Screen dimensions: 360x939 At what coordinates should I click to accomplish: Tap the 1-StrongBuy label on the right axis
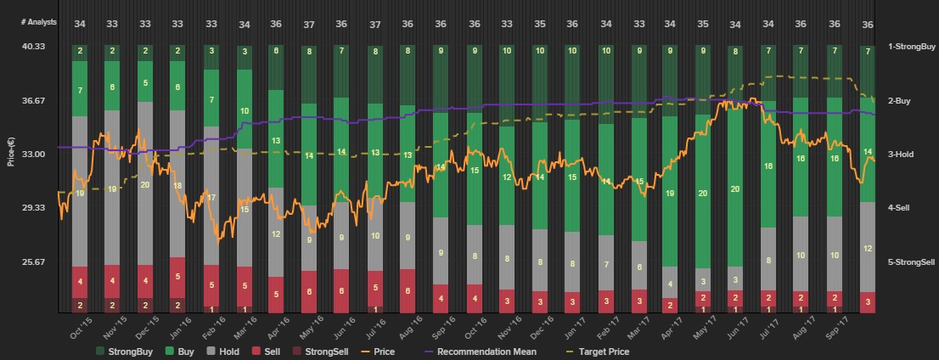(911, 47)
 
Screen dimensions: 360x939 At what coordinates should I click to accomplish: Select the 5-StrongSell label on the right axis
(912, 262)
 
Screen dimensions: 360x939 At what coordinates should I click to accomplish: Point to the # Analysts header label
(39, 22)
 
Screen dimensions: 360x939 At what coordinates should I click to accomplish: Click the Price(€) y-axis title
(11, 149)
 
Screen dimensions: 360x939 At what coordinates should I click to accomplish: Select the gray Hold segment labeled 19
(80, 193)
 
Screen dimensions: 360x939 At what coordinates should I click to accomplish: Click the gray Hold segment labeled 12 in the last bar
(868, 249)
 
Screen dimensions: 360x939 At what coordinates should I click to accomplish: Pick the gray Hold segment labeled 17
(211, 197)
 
